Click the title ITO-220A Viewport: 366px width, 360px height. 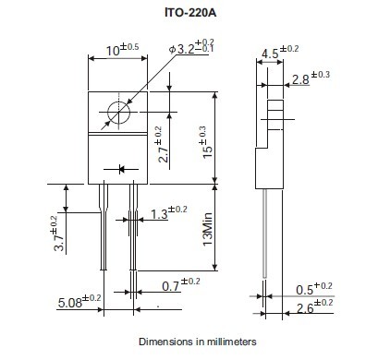tap(190, 13)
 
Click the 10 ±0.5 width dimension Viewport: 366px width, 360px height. tap(122, 50)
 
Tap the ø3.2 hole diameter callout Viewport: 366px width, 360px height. tap(191, 47)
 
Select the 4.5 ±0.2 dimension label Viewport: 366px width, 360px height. tap(280, 52)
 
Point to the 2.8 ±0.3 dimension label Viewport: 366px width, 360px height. tap(311, 78)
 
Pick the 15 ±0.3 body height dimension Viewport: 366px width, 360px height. tap(207, 142)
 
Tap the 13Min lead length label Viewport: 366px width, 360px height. tap(208, 229)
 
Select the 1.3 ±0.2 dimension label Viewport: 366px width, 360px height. tap(169, 212)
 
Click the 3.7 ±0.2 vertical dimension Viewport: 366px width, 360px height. tap(58, 234)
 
